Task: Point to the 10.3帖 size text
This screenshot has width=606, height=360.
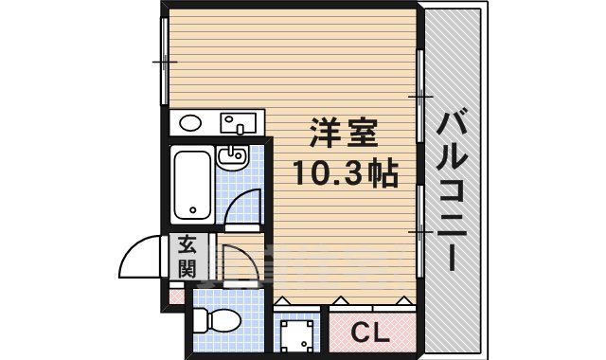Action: pyautogui.click(x=344, y=173)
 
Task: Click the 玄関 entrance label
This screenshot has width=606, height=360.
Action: pyautogui.click(x=187, y=256)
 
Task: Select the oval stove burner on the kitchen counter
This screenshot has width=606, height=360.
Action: pyautogui.click(x=190, y=122)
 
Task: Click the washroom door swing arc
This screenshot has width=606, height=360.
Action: pyautogui.click(x=244, y=204)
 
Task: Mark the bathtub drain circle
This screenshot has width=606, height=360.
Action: pyautogui.click(x=192, y=210)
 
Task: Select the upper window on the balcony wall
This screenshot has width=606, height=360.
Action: pyautogui.click(x=419, y=95)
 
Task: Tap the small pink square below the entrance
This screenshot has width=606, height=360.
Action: pyautogui.click(x=175, y=295)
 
